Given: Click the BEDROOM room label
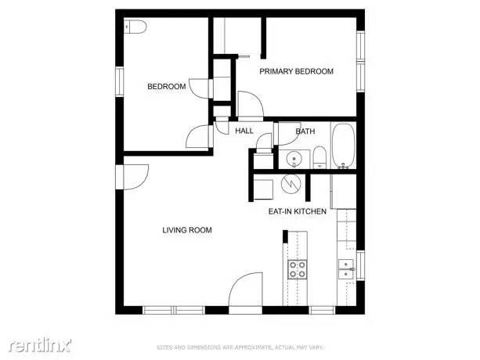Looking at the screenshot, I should (167, 87).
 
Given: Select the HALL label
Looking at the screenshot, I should (244, 131).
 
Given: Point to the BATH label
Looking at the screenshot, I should (305, 131).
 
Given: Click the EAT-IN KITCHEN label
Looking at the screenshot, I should (298, 211).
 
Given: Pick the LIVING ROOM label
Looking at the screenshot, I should (187, 230).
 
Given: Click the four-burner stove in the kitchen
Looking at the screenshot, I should (298, 269).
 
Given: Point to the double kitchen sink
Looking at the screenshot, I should (346, 269).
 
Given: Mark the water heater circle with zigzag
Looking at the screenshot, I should (291, 185).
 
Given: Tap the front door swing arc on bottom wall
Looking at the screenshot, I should (247, 290).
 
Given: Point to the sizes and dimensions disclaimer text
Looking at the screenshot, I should (240, 347).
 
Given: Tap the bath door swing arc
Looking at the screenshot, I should (265, 142).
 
